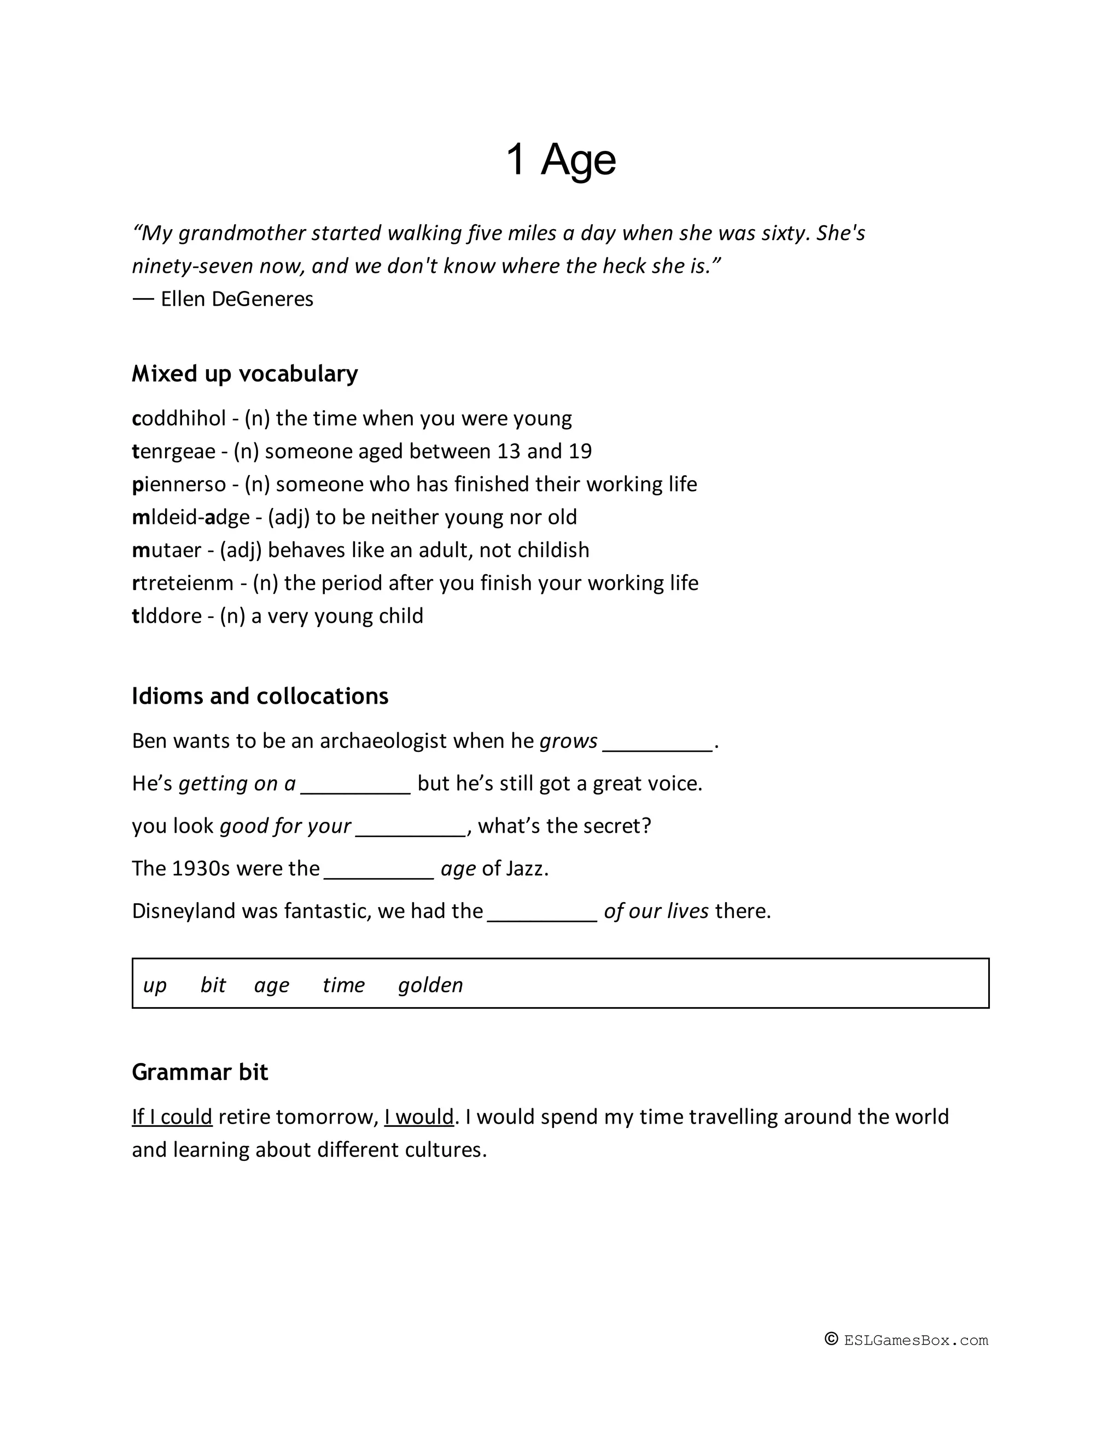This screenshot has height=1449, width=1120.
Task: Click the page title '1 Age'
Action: [x=561, y=160]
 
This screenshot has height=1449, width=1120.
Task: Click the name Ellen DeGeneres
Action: [x=237, y=299]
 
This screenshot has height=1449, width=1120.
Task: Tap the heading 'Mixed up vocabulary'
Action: [x=245, y=373]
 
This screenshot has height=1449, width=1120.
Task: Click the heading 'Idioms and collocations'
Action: [x=260, y=696]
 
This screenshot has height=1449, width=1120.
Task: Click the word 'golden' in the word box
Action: [x=430, y=985]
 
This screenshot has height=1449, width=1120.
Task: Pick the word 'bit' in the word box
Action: [x=213, y=985]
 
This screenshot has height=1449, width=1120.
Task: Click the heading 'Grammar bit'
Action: [x=200, y=1072]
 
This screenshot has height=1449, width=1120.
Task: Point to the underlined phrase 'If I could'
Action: [x=172, y=1117]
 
